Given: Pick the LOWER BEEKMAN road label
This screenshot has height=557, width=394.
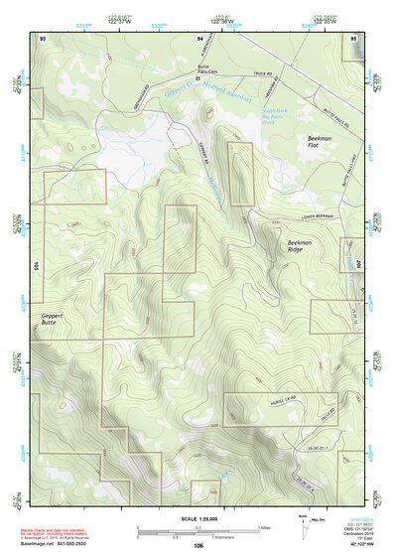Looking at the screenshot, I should point(316,217).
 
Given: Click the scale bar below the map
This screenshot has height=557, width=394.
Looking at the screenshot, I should point(197,532).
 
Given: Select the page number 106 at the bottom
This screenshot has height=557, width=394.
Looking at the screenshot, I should point(198,546).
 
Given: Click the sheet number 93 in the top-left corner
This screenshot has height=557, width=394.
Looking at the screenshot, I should point(42,36).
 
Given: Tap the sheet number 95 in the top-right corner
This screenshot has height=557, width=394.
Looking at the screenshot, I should point(353,36).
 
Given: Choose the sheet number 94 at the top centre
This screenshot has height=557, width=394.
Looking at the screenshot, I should point(199,36).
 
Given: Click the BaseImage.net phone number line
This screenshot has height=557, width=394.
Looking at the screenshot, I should point(57,545).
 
